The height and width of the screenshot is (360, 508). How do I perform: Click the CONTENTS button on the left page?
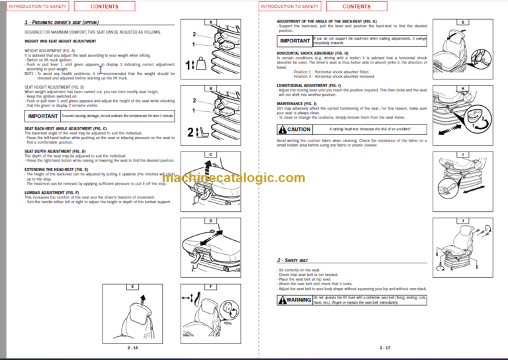pos(105,7)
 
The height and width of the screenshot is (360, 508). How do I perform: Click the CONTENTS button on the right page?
pos(357,7)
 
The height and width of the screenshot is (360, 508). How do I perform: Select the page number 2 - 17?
pos(385,347)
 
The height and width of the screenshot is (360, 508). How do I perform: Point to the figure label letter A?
pos(210,22)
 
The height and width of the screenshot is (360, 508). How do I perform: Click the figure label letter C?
pos(210,154)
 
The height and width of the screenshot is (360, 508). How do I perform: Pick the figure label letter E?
pos(133,287)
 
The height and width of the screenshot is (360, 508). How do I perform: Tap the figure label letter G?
pos(462,22)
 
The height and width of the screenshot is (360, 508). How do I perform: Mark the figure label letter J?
pos(462,220)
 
